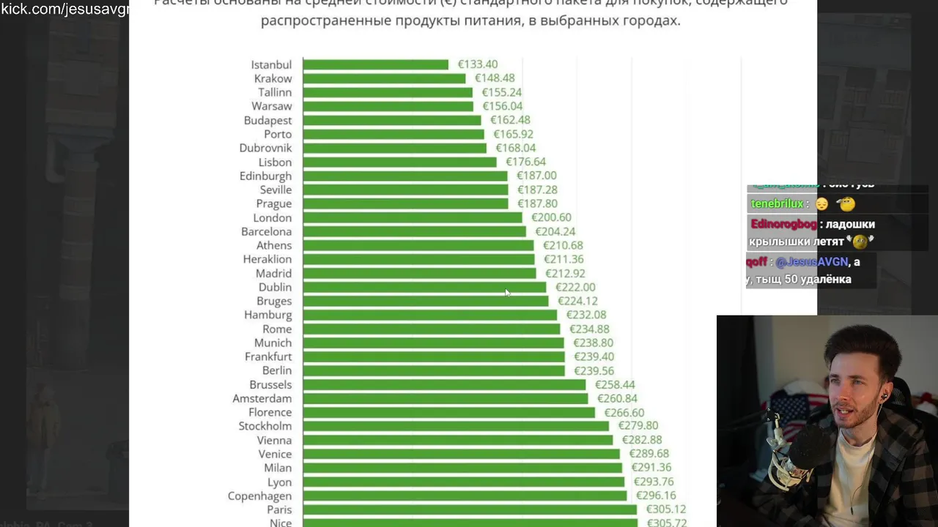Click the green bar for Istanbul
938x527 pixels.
click(x=375, y=64)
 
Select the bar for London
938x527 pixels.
click(x=412, y=217)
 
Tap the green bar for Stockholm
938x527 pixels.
click(x=455, y=426)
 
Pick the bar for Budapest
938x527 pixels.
click(x=391, y=120)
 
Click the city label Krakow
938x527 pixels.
click(x=273, y=78)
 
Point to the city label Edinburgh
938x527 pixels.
click(x=265, y=176)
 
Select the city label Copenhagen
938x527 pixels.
click(x=259, y=496)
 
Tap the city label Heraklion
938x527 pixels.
click(x=267, y=259)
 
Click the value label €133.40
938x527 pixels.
click(x=478, y=64)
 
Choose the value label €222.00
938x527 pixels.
click(x=575, y=287)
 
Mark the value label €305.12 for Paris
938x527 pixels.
click(x=665, y=509)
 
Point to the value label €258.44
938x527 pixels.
click(x=615, y=384)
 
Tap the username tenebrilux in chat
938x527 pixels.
click(x=777, y=203)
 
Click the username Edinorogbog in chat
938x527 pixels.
click(x=783, y=224)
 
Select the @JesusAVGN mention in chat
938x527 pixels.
click(x=811, y=261)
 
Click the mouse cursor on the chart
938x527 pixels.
click(x=507, y=293)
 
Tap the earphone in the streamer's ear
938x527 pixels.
click(x=885, y=396)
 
